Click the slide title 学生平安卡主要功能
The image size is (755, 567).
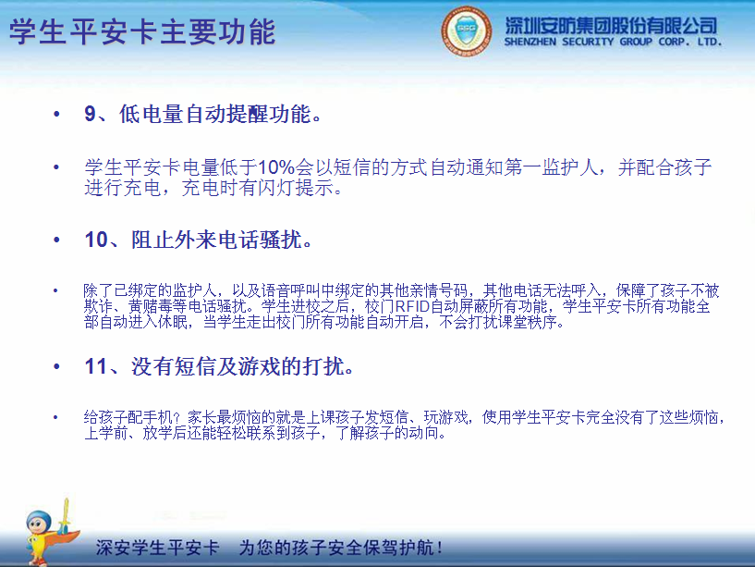(142, 32)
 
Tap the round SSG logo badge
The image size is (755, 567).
(467, 31)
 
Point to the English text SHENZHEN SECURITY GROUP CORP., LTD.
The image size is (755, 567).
(612, 43)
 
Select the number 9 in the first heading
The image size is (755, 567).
(90, 115)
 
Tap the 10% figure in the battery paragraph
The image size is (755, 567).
(275, 167)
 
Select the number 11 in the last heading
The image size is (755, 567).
(96, 367)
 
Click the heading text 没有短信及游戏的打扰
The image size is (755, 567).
(243, 367)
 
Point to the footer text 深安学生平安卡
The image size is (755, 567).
(157, 547)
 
